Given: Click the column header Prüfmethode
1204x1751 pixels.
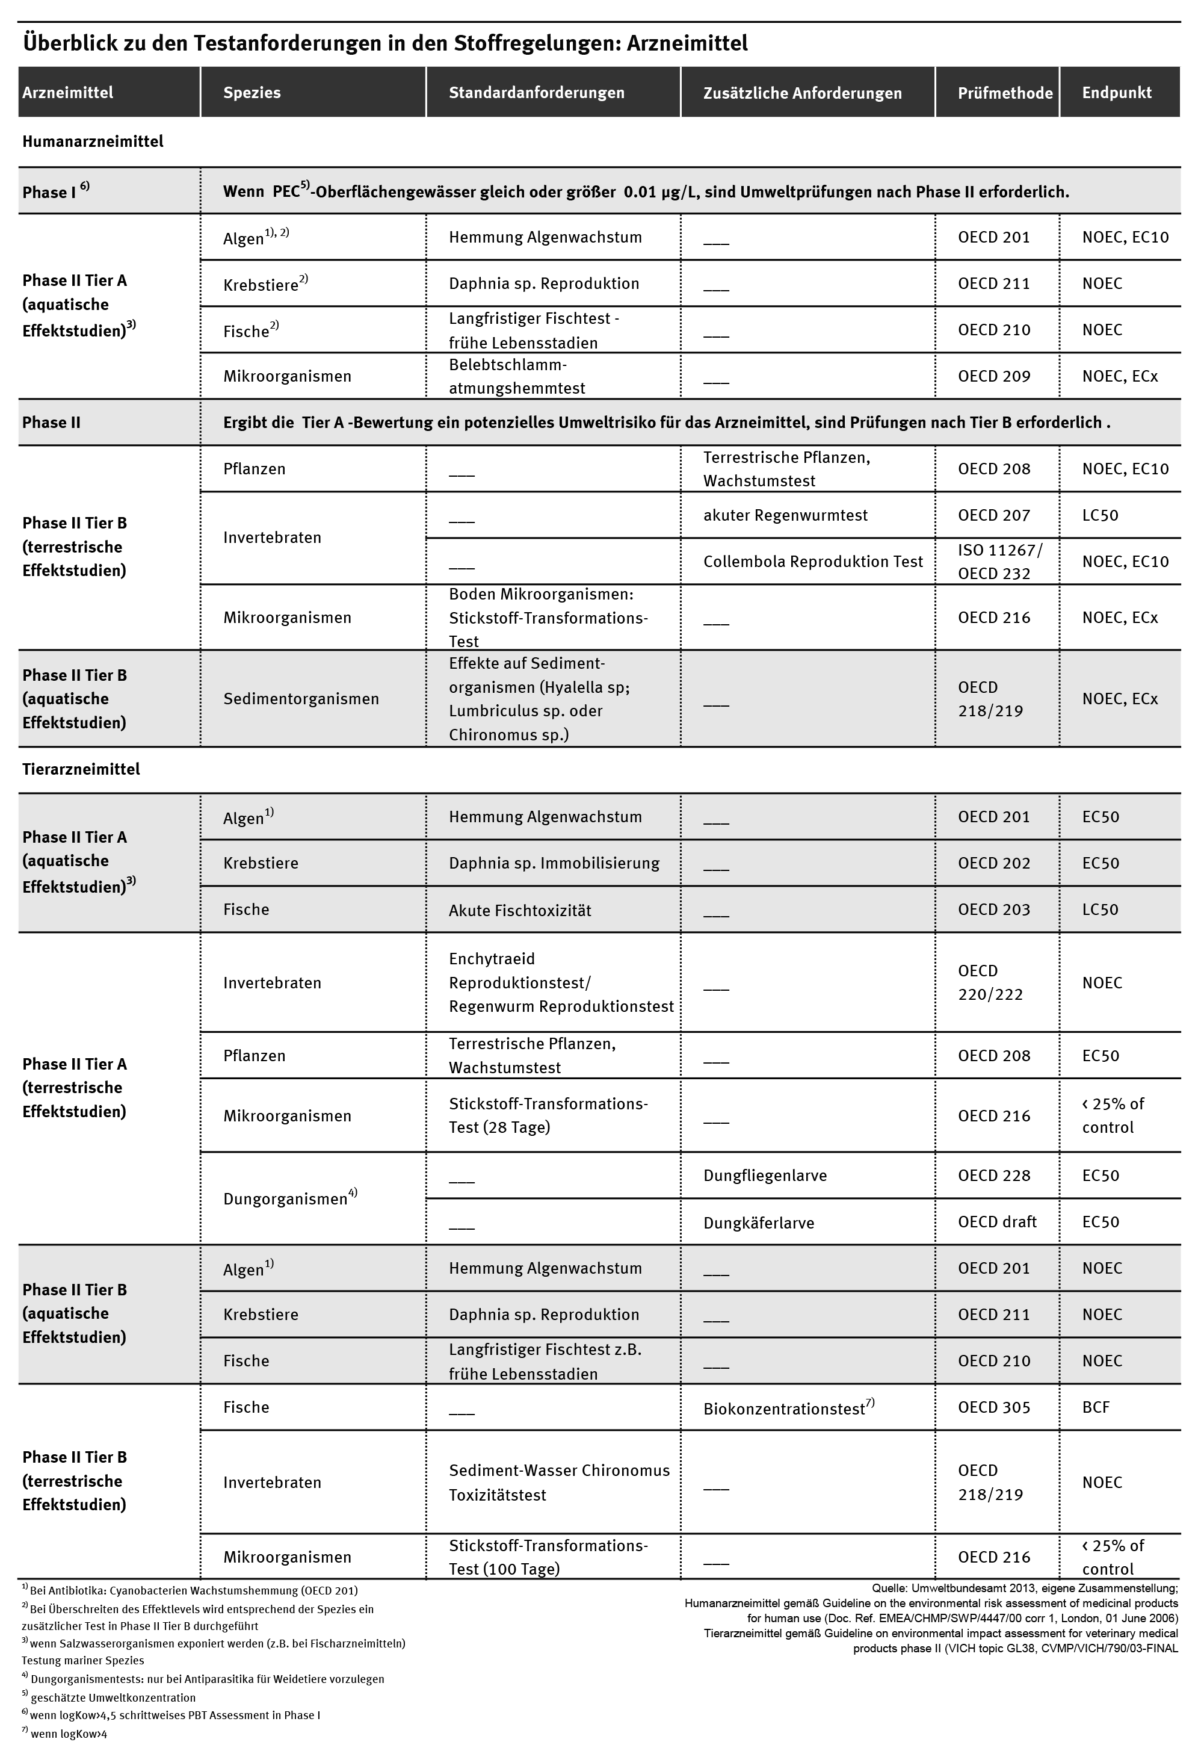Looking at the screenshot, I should coord(1004,93).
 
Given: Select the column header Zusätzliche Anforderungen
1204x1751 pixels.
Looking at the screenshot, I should coord(802,93).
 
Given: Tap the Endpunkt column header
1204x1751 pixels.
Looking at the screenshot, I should coord(1117,92).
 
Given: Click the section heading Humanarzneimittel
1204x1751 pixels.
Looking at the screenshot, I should coord(93,141).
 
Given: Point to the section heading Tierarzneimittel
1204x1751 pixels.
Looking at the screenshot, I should coord(81,769).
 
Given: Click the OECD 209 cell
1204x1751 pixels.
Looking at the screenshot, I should coord(993,376).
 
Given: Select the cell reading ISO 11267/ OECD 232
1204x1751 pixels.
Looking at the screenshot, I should coord(999,562).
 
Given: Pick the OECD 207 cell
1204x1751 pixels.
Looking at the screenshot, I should coord(993,515).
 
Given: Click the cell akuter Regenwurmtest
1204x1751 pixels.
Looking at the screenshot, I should coord(785,515).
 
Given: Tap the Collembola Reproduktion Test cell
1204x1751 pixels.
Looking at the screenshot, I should coord(812,562).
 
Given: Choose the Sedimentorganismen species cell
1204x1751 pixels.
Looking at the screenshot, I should coord(300,698).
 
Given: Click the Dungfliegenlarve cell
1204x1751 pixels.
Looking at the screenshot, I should coord(765,1175).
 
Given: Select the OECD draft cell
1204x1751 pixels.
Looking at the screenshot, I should coord(996,1221).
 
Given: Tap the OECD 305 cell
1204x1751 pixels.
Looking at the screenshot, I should coord(993,1407).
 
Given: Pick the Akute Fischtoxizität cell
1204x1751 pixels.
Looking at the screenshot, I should coord(520,910).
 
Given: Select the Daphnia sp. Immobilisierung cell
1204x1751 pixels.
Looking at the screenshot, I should coord(554,863).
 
